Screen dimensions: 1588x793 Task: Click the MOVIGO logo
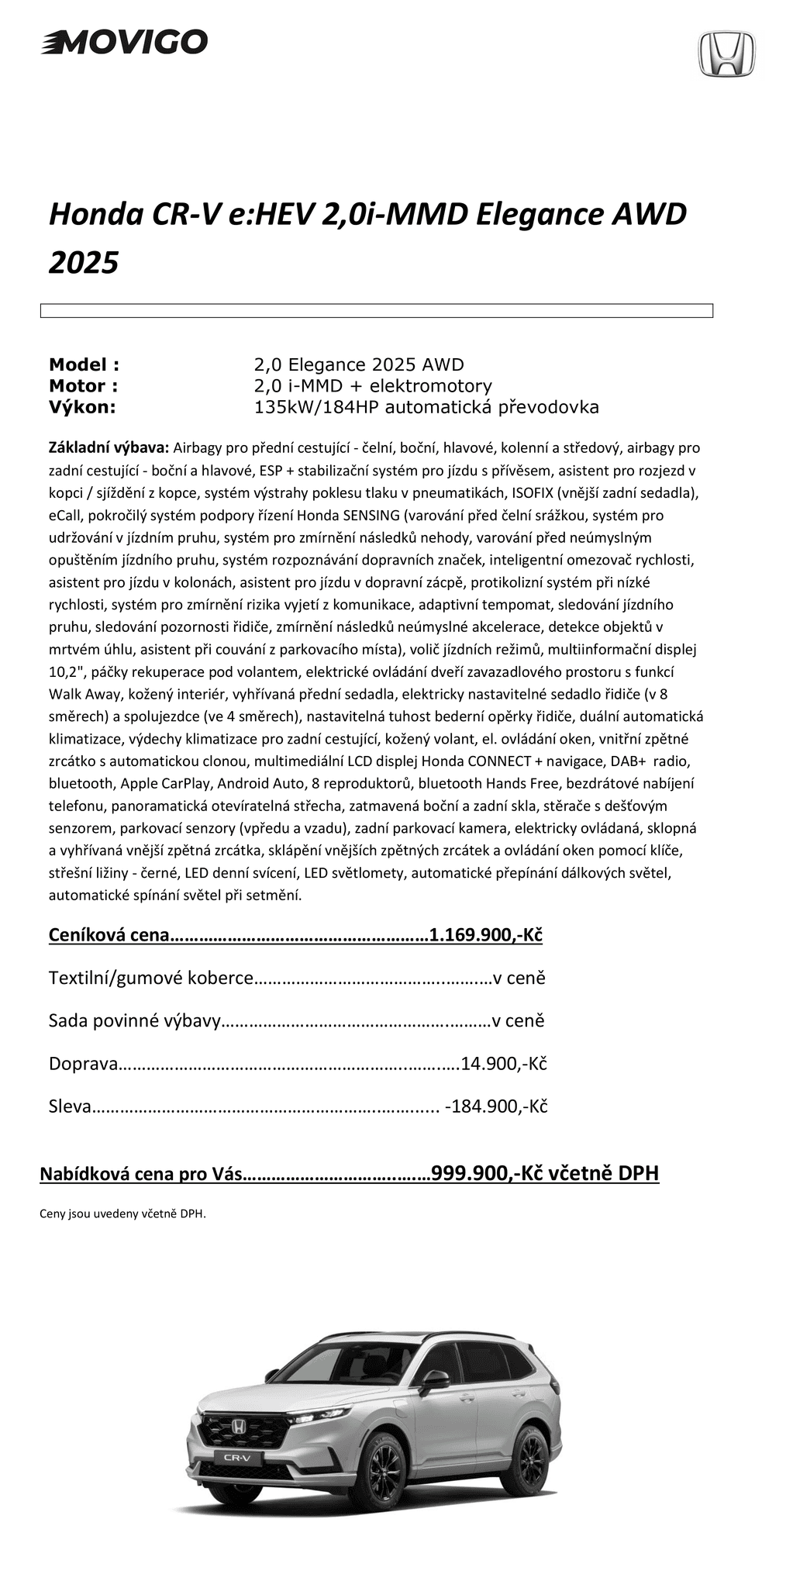tap(124, 42)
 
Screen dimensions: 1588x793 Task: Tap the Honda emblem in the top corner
tap(726, 54)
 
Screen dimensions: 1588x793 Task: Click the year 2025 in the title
tap(84, 263)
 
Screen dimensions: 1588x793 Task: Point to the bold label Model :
tap(84, 364)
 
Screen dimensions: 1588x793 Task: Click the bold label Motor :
tap(83, 386)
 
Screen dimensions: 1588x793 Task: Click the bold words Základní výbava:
tap(108, 447)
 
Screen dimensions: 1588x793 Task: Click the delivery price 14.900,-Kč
tap(504, 1063)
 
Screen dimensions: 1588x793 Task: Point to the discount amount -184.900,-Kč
tap(496, 1106)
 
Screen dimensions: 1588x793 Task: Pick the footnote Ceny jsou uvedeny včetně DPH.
tap(122, 1214)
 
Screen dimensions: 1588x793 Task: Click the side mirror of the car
tap(436, 1379)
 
